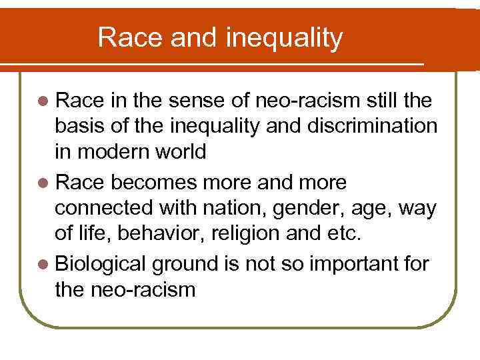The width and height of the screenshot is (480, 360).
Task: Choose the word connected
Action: [x=103, y=207]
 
